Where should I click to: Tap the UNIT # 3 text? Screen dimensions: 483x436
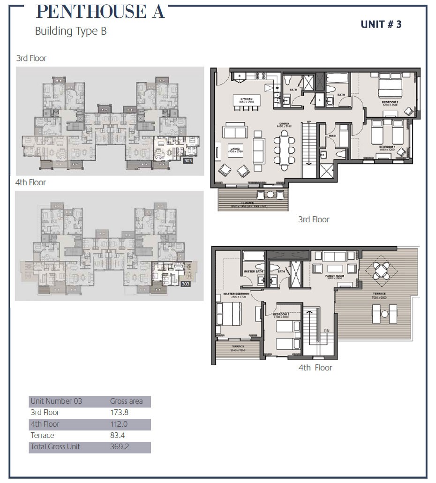click(x=381, y=24)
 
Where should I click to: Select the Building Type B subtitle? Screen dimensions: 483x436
click(x=71, y=31)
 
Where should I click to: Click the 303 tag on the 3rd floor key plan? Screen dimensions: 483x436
click(x=188, y=160)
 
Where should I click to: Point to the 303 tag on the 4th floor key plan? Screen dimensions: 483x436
click(x=186, y=284)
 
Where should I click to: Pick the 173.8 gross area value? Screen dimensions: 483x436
click(x=119, y=413)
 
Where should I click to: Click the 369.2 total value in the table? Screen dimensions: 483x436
click(x=119, y=446)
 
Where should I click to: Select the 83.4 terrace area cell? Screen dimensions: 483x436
click(x=118, y=435)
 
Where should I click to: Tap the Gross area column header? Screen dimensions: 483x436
click(x=126, y=401)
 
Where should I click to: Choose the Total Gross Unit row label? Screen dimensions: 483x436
click(x=55, y=446)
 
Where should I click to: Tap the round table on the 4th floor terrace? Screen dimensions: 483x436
click(x=383, y=271)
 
